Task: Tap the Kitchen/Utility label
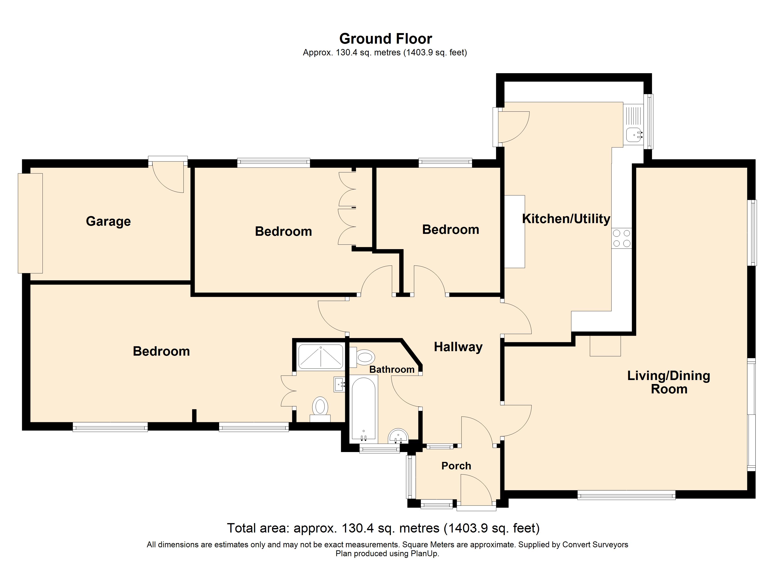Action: point(566,218)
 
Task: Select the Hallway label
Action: point(458,347)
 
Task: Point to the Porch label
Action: point(456,466)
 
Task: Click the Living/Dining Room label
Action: point(669,382)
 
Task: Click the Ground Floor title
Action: point(386,39)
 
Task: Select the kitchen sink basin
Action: point(634,134)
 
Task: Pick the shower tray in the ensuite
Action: point(321,357)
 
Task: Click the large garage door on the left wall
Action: point(30,223)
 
